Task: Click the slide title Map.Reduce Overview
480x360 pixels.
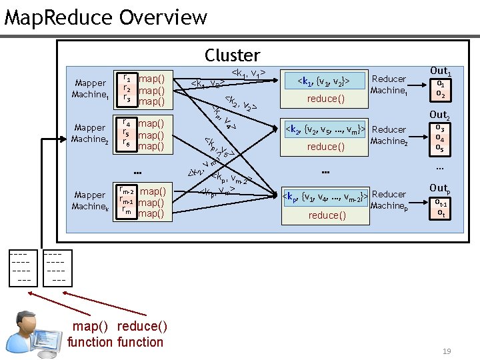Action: pos(106,17)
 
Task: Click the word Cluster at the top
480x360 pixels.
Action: pos(232,55)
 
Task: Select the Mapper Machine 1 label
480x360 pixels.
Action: pos(91,89)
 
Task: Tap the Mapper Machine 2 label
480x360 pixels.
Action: pos(91,133)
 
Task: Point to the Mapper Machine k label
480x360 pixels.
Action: pos(91,201)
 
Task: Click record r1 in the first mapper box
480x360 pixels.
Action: pos(127,78)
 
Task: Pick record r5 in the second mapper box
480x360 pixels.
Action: pos(127,134)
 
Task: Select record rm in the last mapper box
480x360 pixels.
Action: pos(126,213)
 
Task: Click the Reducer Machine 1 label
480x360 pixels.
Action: pos(389,85)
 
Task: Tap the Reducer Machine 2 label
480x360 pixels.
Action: pos(389,135)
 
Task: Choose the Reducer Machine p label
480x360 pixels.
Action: pos(389,199)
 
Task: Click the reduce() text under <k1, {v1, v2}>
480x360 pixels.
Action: pos(326,99)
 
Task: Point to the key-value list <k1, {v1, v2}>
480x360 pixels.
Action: pos(326,81)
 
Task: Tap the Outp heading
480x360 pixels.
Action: pos(440,188)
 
